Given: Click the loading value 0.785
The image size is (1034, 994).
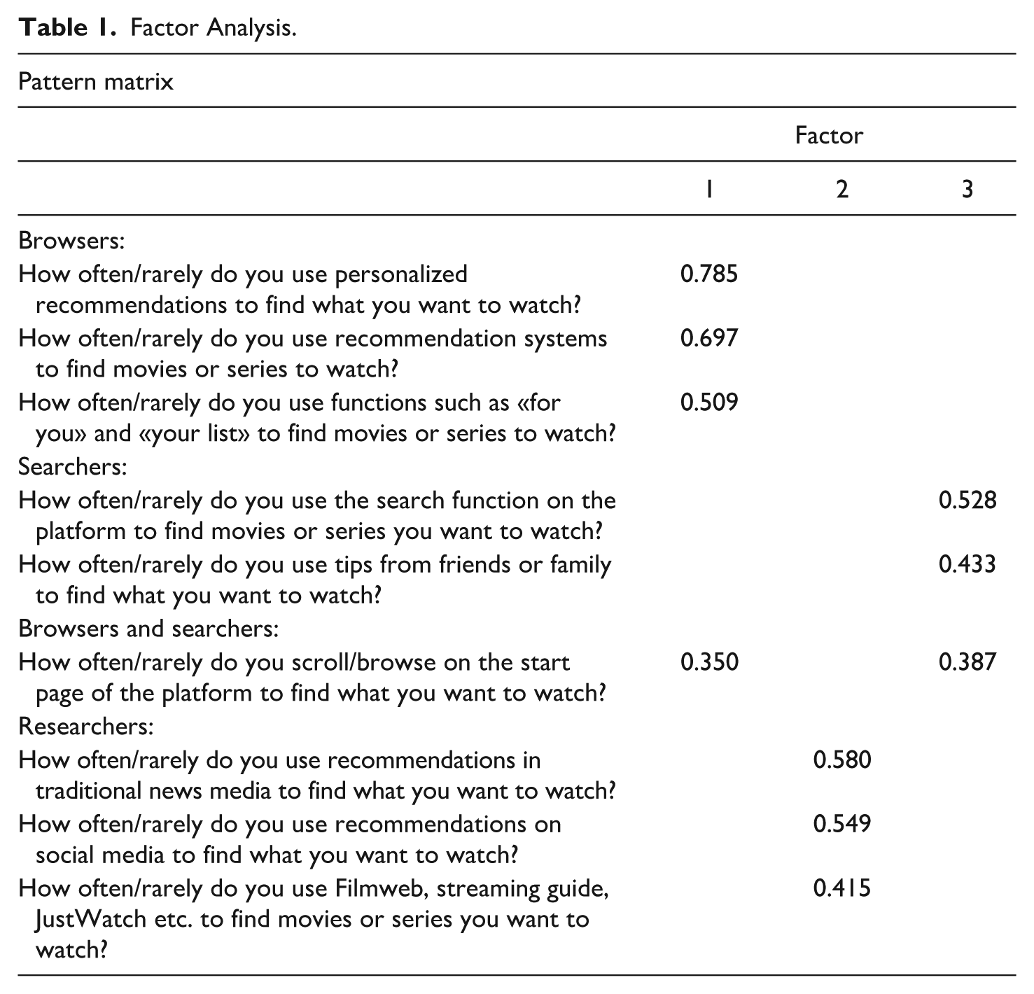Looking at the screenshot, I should pos(708,274).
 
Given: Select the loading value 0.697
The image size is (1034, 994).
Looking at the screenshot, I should pos(708,338).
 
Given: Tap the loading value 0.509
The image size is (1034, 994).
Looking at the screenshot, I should pos(708,402).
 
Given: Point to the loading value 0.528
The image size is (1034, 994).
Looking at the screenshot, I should pos(967,500).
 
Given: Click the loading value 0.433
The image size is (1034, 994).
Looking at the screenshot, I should pos(967,565).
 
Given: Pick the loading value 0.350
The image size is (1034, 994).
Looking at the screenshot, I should pos(708,662).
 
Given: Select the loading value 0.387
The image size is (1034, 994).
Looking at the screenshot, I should pos(967,662).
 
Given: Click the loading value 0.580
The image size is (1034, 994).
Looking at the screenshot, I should pos(841,759).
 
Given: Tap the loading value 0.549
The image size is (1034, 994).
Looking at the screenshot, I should pos(841,824).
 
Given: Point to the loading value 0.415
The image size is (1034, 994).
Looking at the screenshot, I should pos(841,888).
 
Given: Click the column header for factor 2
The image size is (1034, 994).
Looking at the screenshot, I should pos(841,189).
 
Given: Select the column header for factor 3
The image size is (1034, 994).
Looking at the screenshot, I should pos(967,189).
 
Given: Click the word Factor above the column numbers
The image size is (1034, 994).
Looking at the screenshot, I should pos(829,135).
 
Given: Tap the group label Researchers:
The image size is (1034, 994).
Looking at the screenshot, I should pos(85,727).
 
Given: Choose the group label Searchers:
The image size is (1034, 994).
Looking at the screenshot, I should pos(73,466).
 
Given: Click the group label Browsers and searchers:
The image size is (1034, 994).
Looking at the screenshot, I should pos(148,629).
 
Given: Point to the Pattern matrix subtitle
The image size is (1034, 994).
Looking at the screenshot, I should pos(96,82).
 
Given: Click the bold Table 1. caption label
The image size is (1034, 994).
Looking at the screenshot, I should pos(67,29).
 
